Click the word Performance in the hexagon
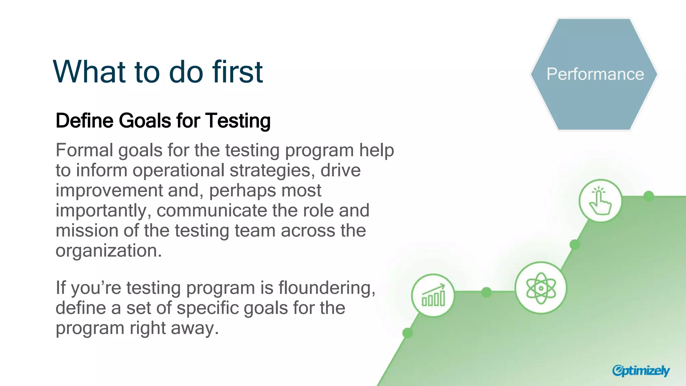click(595, 74)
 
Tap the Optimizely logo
click(640, 371)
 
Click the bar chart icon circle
click(433, 295)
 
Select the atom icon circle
click(541, 288)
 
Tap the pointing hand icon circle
click(600, 201)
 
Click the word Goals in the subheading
click(145, 121)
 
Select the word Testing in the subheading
click(238, 121)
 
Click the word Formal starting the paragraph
click(84, 150)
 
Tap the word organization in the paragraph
click(107, 251)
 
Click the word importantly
click(101, 211)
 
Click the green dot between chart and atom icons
click(486, 292)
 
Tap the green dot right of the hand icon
click(649, 196)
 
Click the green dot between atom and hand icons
click(575, 245)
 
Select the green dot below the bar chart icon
click(407, 333)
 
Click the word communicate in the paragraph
click(211, 211)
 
